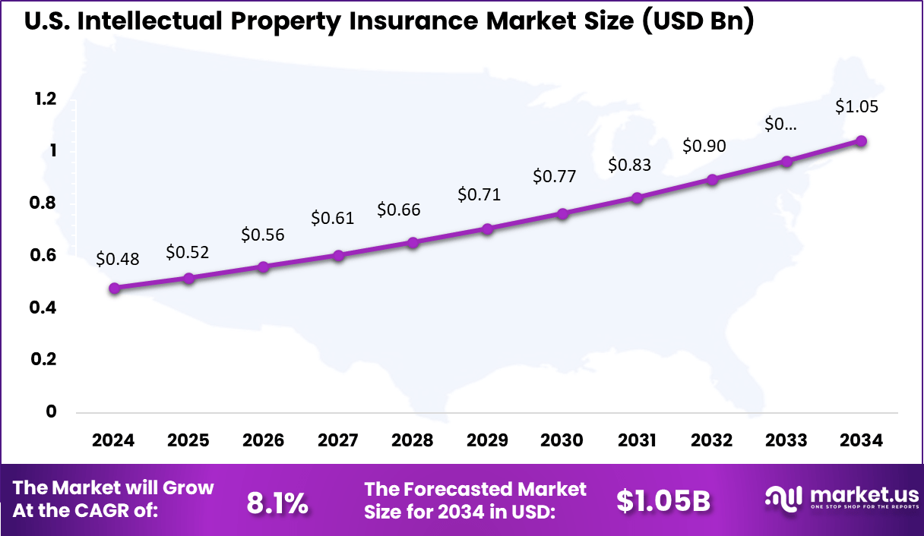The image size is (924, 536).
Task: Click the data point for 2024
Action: click(x=115, y=288)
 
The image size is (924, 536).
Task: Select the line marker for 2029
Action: click(x=488, y=229)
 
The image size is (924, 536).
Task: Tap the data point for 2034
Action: click(x=861, y=141)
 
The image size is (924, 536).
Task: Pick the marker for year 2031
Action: click(x=637, y=197)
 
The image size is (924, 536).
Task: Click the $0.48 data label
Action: click(x=118, y=259)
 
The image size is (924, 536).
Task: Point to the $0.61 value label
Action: click(x=332, y=218)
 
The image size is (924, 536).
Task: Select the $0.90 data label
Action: click(x=704, y=146)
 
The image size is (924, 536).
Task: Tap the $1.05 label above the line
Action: click(x=856, y=106)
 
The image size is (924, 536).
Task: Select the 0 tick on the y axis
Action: click(x=52, y=411)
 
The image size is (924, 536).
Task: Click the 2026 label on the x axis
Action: click(x=263, y=440)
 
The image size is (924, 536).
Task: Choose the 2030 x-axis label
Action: click(x=562, y=440)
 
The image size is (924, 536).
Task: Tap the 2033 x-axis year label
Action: click(x=786, y=440)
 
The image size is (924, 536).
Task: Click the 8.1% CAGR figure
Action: click(x=278, y=501)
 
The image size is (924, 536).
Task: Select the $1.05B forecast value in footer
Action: click(x=663, y=501)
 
